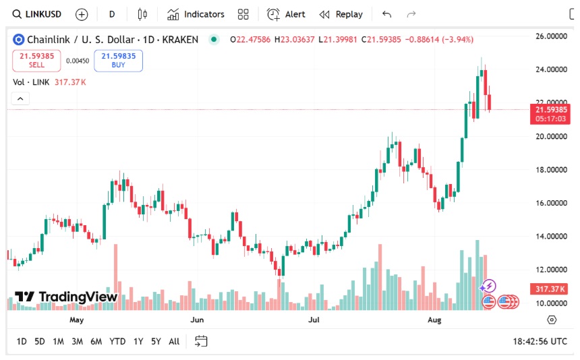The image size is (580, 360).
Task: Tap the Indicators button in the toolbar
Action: click(x=196, y=14)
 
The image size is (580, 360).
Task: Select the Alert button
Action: click(x=286, y=14)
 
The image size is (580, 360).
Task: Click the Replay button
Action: click(x=341, y=14)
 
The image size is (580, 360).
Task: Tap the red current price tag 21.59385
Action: click(x=551, y=109)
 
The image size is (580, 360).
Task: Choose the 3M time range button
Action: click(x=77, y=341)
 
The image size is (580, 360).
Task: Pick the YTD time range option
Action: click(x=117, y=341)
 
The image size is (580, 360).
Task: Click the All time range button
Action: click(x=174, y=341)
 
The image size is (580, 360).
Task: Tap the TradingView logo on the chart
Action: click(x=66, y=297)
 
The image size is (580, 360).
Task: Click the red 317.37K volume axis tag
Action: click(x=548, y=289)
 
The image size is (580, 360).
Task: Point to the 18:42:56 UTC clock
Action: click(x=540, y=341)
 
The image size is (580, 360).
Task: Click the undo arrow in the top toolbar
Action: click(x=386, y=14)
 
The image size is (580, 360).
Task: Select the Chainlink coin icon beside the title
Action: click(x=18, y=40)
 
